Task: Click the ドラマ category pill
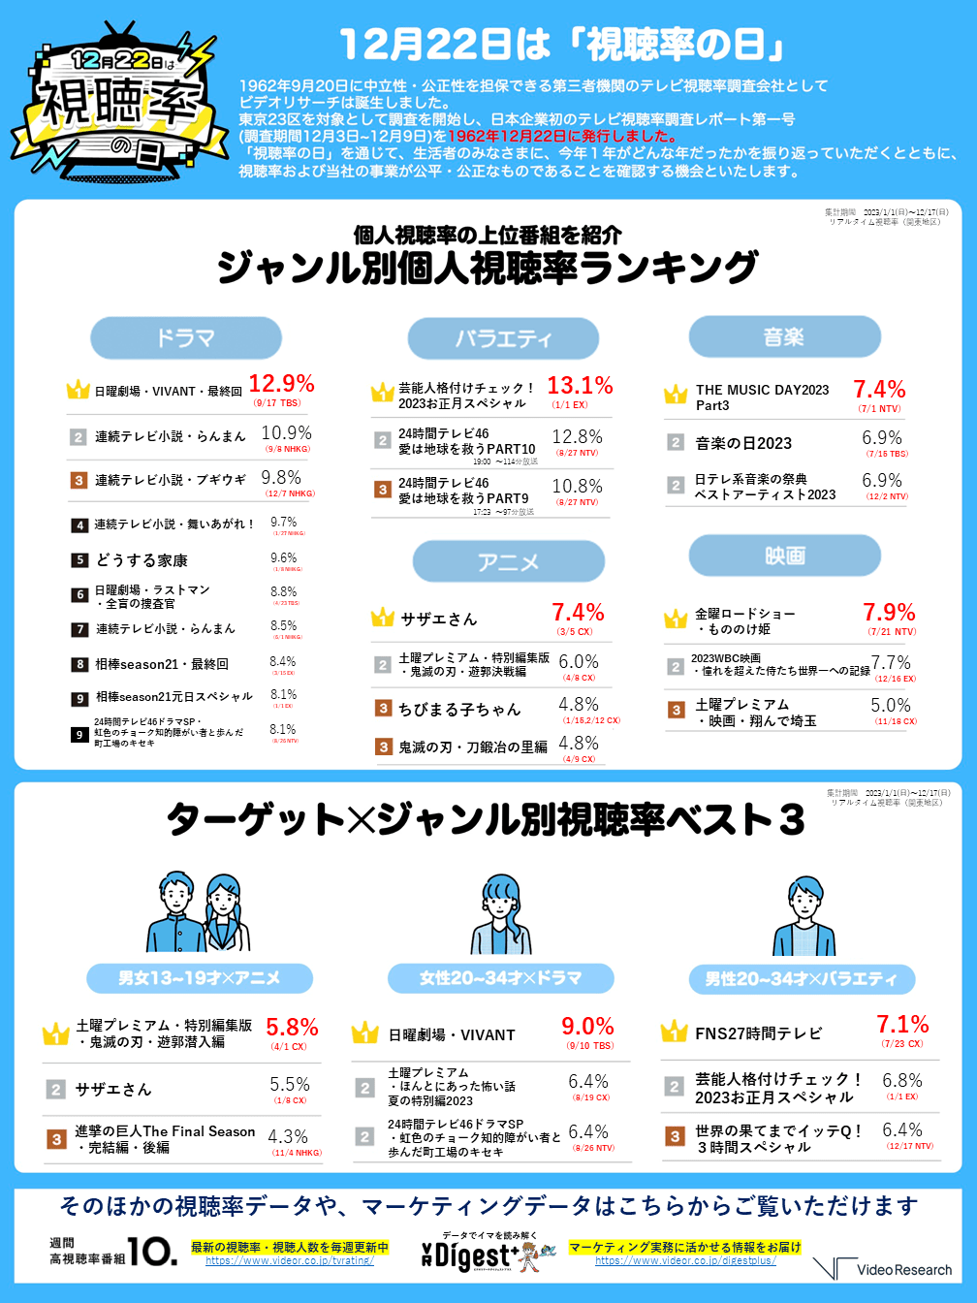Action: point(186,338)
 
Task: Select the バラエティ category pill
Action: point(503,338)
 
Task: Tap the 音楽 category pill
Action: point(784,336)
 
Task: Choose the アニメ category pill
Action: point(508,561)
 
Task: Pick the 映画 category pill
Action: point(784,556)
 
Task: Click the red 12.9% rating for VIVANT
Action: point(281,384)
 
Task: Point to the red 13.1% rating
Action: point(580,386)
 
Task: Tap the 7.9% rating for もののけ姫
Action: point(889,613)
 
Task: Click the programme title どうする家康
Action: point(142,560)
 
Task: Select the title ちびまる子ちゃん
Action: point(459,709)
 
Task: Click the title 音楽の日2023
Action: point(743,443)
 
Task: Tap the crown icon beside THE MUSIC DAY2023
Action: point(676,395)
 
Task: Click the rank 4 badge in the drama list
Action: point(79,525)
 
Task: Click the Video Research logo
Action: point(883,1268)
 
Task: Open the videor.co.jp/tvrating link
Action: point(289,1260)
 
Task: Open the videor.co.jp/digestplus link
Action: point(685,1260)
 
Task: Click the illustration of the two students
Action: point(199,912)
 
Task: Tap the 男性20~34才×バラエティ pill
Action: point(801,979)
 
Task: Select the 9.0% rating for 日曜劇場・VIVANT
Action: point(587,1027)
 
